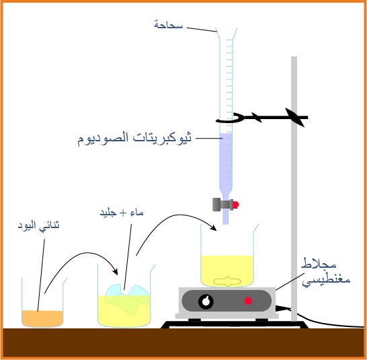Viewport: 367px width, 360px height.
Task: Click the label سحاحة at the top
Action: point(169,25)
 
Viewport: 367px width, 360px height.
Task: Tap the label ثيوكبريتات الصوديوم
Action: point(134,139)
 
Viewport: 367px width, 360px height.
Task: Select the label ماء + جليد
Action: point(122,213)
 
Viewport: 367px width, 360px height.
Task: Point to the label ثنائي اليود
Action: point(38,225)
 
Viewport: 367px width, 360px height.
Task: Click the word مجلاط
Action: point(319,264)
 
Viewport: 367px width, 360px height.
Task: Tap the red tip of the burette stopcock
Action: point(236,205)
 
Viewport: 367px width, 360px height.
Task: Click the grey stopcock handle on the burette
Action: point(216,205)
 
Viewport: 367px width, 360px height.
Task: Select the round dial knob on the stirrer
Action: point(206,301)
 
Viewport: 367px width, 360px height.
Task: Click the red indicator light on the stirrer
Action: point(248,301)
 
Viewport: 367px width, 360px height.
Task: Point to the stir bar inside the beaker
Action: point(227,281)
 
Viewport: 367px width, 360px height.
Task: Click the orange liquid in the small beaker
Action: point(42,318)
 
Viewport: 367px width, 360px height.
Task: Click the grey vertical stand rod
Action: point(294,188)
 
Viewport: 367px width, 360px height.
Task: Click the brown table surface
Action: point(184,343)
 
